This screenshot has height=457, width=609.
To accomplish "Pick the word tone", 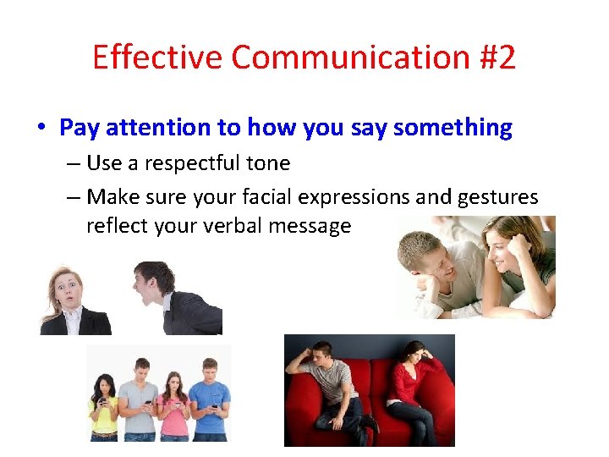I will click(269, 163).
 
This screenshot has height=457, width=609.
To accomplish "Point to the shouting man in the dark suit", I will click(173, 300).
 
